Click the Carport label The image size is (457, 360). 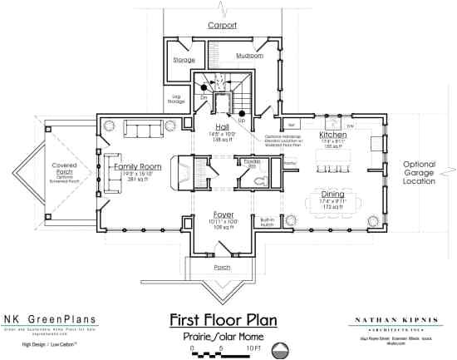point(222,26)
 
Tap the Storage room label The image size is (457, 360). point(184,60)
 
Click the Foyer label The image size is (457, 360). point(222,215)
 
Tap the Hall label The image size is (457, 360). point(222,126)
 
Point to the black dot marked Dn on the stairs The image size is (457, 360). point(203,86)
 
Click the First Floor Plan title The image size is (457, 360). point(222,319)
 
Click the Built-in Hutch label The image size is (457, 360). point(268,221)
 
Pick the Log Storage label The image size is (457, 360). point(177,99)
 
